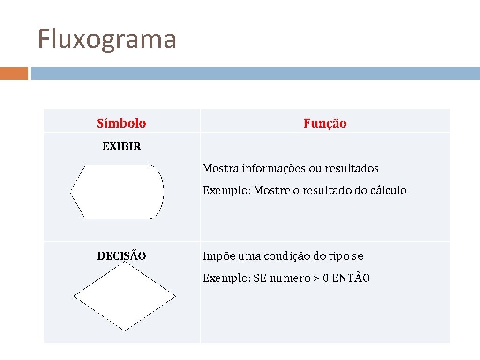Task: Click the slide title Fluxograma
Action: point(107,39)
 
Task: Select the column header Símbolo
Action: point(121,123)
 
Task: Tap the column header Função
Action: point(325,123)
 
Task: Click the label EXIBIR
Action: point(121,146)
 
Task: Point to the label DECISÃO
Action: point(121,256)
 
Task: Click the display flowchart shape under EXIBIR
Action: point(117,192)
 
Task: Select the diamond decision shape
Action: point(125,296)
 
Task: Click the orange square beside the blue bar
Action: point(14,74)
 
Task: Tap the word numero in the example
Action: point(289,278)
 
